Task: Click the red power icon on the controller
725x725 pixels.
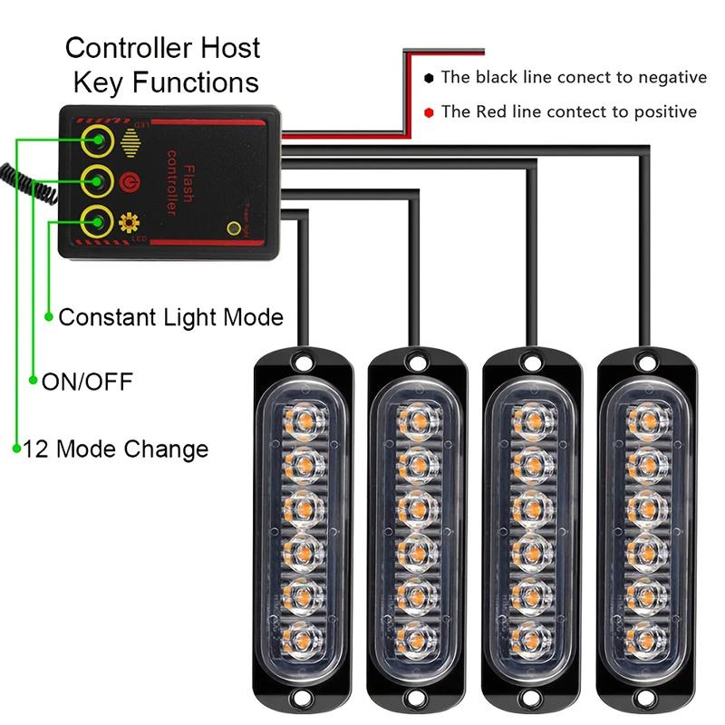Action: coord(129,180)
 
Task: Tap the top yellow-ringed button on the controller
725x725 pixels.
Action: coord(96,141)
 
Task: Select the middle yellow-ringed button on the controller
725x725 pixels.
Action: coord(96,180)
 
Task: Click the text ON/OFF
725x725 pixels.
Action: coord(88,382)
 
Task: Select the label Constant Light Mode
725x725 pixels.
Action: coord(170,317)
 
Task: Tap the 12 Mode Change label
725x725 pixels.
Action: coord(115,449)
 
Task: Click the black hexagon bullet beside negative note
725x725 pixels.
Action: coord(429,78)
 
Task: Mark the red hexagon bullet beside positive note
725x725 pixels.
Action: coord(429,112)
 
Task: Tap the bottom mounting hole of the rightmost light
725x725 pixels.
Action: coord(649,700)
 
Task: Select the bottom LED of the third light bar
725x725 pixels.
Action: coord(533,634)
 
